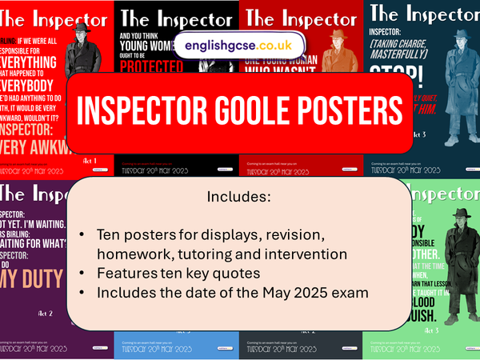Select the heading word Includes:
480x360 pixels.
coord(239,195)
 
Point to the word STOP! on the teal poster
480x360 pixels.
coord(395,77)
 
